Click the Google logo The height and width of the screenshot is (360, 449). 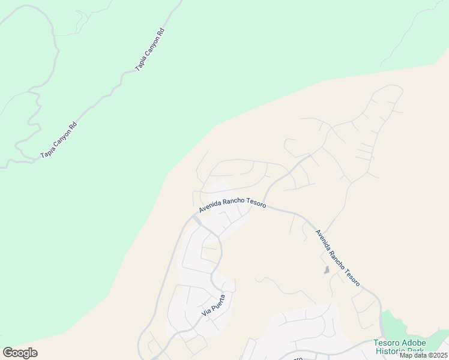[20, 353]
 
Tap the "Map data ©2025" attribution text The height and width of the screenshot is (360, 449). [423, 355]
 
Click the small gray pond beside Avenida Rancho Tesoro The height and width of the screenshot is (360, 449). [327, 270]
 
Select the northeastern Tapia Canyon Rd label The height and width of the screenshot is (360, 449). [149, 49]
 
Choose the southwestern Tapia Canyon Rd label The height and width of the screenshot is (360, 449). [59, 141]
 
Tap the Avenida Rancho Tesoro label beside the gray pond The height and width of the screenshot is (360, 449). [337, 257]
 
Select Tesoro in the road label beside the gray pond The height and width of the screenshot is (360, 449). [352, 277]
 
